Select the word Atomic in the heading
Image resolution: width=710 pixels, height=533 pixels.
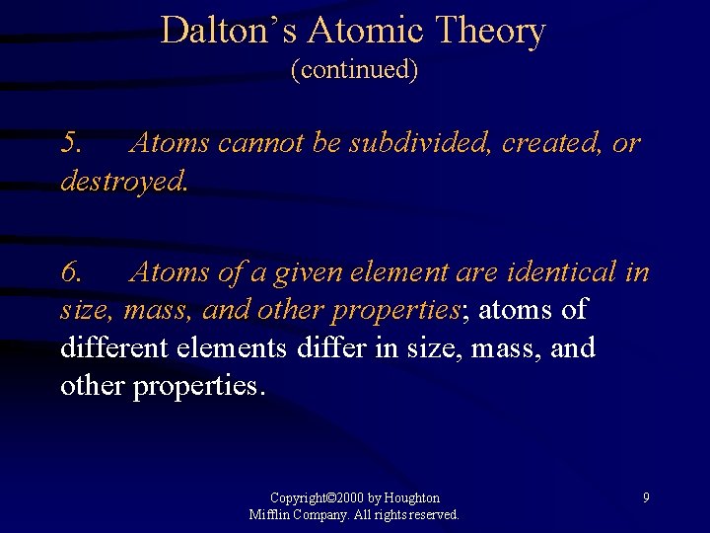tap(356, 31)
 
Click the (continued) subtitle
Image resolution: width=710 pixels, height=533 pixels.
tap(355, 70)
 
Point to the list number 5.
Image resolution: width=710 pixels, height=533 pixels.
tap(72, 143)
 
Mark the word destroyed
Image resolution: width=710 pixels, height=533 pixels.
tap(122, 182)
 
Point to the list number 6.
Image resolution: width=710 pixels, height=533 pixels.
tap(72, 271)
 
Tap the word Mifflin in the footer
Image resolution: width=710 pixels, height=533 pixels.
tap(269, 515)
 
